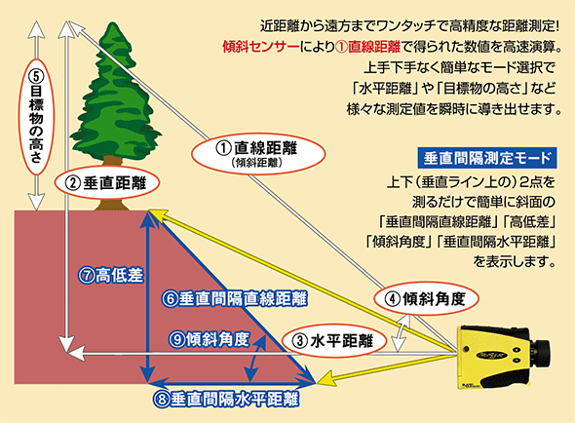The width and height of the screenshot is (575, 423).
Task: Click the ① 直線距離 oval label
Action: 258,154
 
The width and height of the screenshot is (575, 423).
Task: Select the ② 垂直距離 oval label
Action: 107,182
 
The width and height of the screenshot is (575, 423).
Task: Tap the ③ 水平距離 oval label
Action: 334,341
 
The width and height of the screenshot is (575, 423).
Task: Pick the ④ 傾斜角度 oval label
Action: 427,299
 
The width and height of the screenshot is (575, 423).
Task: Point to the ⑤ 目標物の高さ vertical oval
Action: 36,116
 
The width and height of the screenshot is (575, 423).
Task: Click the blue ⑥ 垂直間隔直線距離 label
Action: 235,299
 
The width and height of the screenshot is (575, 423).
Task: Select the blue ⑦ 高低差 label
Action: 110,276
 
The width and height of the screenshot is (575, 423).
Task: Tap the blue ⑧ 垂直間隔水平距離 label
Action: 226,400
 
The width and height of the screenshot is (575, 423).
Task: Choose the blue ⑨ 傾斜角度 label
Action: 209,339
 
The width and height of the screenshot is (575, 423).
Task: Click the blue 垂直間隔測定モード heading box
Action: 487,158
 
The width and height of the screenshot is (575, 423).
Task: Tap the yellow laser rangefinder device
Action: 503,357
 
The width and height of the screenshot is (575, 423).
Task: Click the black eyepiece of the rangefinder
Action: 540,353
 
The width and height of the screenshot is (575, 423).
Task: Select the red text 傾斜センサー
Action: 261,47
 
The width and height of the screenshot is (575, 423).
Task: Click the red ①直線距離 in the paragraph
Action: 367,47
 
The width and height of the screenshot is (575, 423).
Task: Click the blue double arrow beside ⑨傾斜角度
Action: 256,358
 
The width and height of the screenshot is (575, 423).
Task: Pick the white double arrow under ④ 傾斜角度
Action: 402,332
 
